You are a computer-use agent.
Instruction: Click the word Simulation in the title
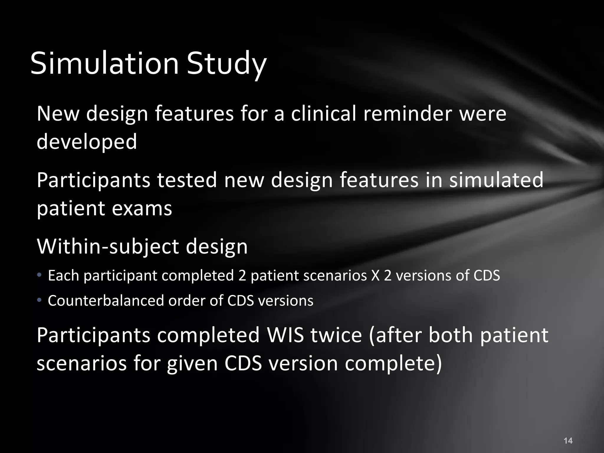point(105,63)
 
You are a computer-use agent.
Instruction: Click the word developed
point(87,142)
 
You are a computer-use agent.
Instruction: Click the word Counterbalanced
point(106,301)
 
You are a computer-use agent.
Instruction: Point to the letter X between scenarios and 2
point(376,275)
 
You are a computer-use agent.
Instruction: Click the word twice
point(336,335)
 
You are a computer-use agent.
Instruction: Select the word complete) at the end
point(393,363)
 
